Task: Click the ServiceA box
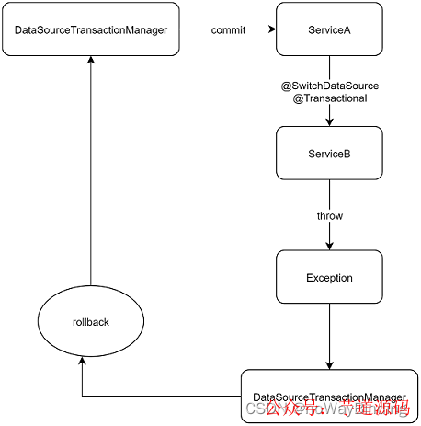tap(329, 29)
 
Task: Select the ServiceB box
tap(329, 154)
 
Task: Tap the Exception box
tap(329, 277)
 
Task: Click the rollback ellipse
tap(90, 323)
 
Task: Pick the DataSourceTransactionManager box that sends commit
tap(91, 29)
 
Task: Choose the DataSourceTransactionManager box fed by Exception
tap(328, 396)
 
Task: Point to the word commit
tap(227, 29)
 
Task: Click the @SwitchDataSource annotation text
tap(329, 86)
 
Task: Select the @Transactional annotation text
tap(329, 98)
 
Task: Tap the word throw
tap(329, 216)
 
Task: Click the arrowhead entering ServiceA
tap(271, 29)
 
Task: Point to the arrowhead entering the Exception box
tap(329, 246)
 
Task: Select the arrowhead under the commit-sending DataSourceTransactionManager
tap(90, 60)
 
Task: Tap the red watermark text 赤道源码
tap(373, 408)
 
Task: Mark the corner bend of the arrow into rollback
tap(83, 396)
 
